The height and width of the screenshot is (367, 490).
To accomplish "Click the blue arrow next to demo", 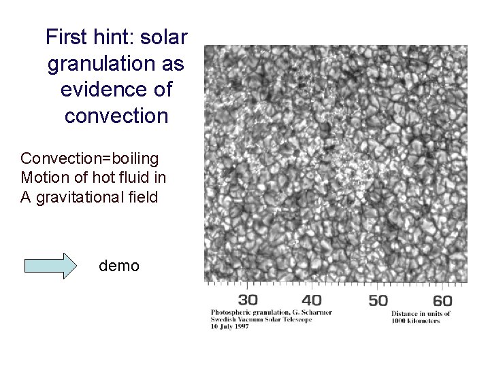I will pos(51,266).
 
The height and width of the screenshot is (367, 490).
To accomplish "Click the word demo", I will pos(119,266).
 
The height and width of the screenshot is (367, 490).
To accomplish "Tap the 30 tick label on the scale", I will pos(248,300).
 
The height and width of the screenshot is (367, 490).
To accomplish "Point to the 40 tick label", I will pos(312,300).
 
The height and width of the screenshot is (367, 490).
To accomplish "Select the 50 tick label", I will pos(378,300).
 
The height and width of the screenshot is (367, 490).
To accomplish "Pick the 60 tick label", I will pos(442,300).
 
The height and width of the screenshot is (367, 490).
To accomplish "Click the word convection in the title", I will pos(116,116).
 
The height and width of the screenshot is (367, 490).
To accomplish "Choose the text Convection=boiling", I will pos(89,159).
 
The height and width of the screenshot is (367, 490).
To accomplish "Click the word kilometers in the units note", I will pos(421,320).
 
